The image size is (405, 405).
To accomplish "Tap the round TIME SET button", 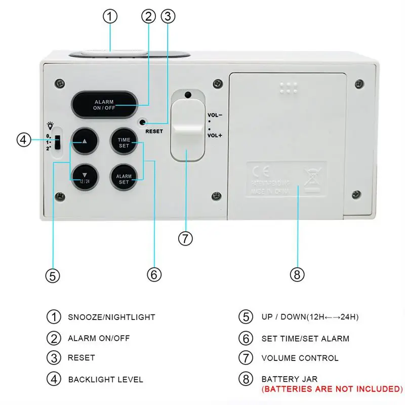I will coord(124,142).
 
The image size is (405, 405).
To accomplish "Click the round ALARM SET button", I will coord(124,177).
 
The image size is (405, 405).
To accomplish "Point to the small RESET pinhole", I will coord(144,123).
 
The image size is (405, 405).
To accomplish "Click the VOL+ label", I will coord(214,135).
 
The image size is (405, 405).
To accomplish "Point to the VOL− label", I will coord(214,115).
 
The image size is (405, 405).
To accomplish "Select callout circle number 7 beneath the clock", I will coord(185,238).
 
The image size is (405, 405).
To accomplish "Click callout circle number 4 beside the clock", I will coord(24,139).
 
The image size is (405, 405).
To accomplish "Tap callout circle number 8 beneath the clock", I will coord(297,274).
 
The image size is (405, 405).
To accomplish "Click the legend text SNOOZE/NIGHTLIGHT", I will coord(111,317).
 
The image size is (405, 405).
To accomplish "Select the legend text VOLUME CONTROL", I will coord(300,358).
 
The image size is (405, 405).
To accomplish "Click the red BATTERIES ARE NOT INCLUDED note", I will coord(332,389).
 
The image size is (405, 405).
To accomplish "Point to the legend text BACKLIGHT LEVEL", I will coord(105,379).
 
